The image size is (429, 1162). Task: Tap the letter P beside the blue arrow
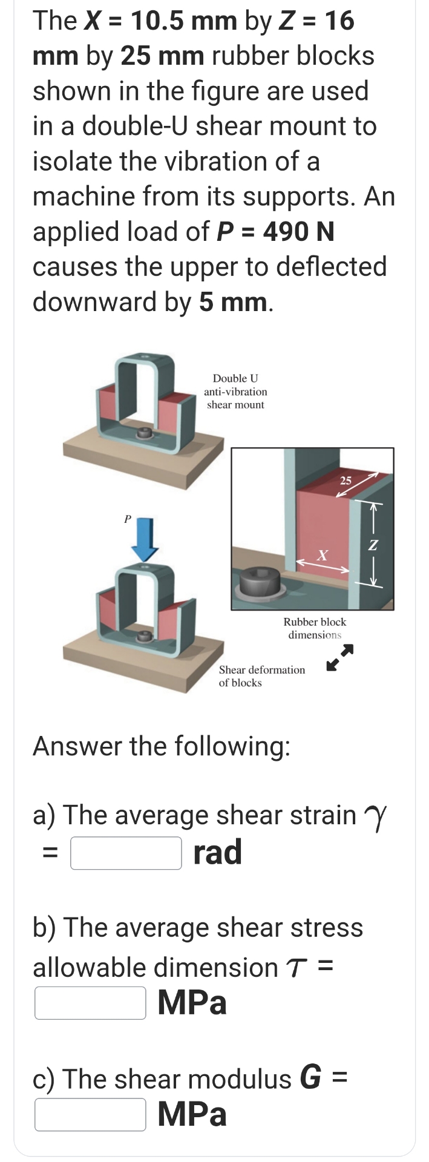127,519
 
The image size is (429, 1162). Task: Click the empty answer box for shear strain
126,853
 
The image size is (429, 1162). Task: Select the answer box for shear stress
90,1003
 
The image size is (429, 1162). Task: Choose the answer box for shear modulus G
90,1114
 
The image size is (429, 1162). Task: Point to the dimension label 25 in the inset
345,481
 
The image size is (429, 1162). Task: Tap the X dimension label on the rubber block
323,554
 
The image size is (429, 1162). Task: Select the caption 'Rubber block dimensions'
315,628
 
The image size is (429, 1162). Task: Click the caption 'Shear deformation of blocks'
261,676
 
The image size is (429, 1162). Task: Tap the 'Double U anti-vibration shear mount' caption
235,392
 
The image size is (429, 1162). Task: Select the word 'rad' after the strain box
218,852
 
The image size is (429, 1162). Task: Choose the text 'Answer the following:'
162,746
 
